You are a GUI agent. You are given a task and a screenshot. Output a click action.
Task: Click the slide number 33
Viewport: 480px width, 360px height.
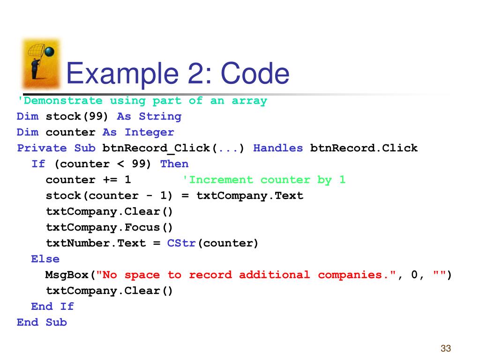[445, 348]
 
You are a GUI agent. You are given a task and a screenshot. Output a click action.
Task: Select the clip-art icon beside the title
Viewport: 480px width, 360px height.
[41, 64]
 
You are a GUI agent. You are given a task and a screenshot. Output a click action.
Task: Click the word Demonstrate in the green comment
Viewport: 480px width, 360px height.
[61, 101]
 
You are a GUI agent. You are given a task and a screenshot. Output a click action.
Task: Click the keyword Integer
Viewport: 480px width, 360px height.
[149, 133]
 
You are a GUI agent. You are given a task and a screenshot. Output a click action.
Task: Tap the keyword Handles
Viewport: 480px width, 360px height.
[278, 149]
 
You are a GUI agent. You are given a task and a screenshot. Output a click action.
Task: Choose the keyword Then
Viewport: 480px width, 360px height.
[174, 164]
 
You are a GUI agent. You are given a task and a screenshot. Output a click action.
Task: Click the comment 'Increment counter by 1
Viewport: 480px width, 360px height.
[263, 180]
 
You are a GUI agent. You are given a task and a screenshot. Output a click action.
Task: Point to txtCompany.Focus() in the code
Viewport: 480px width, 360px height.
[109, 227]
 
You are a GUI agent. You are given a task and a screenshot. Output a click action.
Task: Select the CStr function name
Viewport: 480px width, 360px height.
[181, 243]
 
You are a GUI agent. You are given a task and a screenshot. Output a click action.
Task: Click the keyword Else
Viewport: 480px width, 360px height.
[45, 259]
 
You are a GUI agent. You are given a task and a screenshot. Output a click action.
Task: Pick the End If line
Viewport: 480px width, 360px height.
[52, 307]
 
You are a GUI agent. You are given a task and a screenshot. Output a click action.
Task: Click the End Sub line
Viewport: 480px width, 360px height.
[42, 322]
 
